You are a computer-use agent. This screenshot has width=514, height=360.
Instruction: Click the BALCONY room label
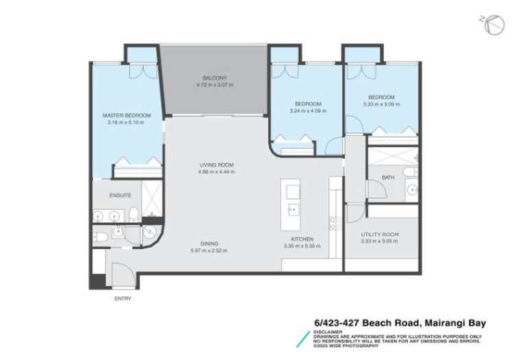pos(215,78)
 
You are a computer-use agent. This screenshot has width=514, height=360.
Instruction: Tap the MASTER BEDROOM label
pos(127,115)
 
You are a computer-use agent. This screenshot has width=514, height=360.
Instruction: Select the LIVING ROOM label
pos(217,165)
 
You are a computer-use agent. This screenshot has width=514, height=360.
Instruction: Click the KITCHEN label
pos(302,239)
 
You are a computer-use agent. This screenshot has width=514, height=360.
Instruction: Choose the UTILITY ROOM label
pos(380,235)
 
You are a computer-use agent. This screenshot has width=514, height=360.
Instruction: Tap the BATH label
pos(388,178)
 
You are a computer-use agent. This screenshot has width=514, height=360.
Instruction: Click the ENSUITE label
pos(120,195)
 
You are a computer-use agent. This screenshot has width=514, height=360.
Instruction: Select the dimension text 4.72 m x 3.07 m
pos(215,85)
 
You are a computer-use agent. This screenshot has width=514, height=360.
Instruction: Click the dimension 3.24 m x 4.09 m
pos(305,111)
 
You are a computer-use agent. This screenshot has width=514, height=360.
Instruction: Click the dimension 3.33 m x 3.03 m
pos(380,241)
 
